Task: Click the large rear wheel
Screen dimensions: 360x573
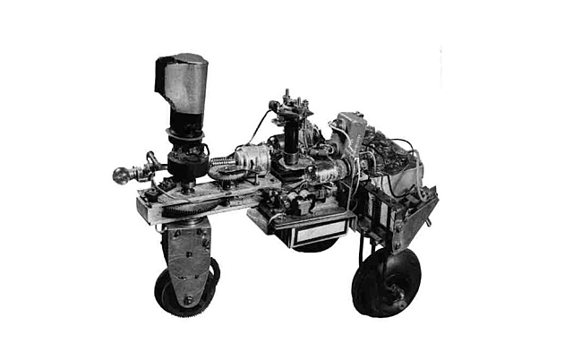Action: [x=387, y=282]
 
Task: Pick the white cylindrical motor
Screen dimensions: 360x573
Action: [x=253, y=160]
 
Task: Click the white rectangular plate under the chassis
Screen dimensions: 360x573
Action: [x=312, y=233]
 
